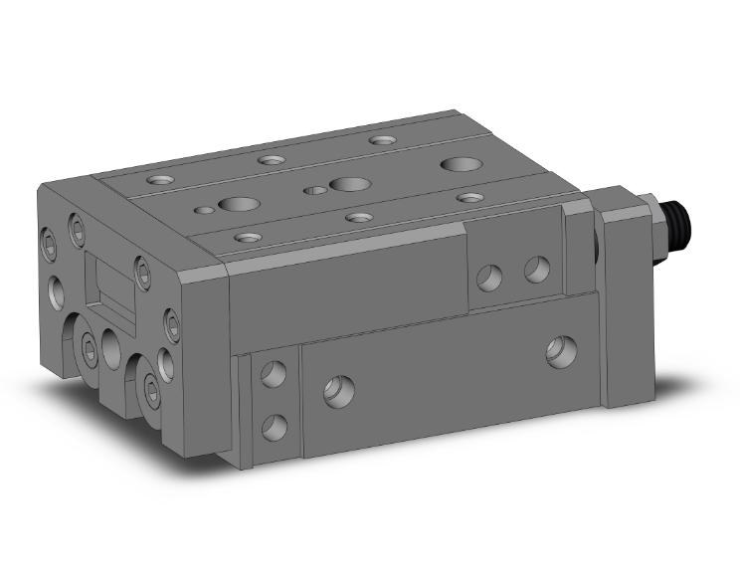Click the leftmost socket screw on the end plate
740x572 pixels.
[50, 241]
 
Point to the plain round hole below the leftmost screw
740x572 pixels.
[56, 291]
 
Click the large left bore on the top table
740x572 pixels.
[238, 206]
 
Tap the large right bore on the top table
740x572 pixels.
[459, 164]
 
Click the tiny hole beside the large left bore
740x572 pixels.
[205, 210]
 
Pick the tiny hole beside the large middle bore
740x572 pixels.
[314, 190]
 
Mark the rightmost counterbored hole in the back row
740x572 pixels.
[379, 140]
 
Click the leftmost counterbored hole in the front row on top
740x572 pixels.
[245, 237]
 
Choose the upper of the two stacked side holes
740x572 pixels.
[271, 375]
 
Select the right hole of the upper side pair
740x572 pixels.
[536, 269]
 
